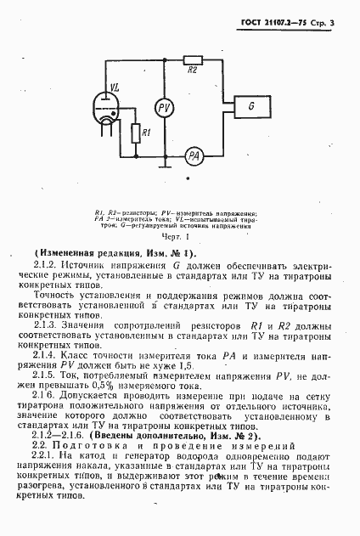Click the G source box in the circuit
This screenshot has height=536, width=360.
tap(252, 106)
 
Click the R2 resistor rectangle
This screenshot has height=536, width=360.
tap(194, 82)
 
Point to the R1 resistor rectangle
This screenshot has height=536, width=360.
tap(136, 133)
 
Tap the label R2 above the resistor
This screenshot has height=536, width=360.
tap(194, 71)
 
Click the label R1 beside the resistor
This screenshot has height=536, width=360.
tap(148, 133)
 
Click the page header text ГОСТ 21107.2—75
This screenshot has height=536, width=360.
tap(278, 14)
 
